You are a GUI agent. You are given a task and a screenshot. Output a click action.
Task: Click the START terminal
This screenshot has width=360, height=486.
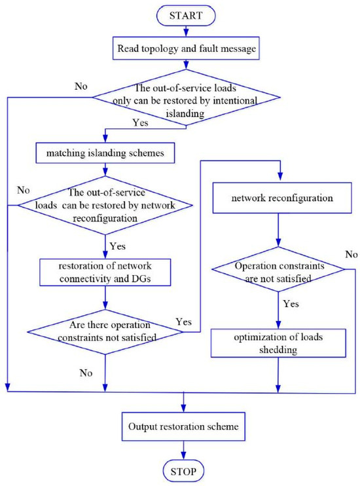(186, 16)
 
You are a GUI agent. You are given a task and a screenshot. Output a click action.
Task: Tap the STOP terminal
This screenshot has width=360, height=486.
(183, 472)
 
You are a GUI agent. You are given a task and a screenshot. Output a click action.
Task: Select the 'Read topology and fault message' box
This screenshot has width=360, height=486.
(186, 48)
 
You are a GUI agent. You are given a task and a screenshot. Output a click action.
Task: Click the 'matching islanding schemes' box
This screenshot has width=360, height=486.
(105, 153)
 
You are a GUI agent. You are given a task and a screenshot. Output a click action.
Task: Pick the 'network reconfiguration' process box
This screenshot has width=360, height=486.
(282, 198)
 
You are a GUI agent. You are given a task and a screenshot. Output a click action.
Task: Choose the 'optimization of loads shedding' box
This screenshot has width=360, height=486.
(278, 343)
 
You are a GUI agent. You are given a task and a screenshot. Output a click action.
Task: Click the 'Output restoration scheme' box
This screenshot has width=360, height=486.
(183, 426)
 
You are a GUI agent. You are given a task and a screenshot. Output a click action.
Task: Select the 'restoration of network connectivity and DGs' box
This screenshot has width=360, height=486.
(105, 272)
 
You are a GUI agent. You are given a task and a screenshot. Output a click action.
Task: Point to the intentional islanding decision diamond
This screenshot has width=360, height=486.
(187, 98)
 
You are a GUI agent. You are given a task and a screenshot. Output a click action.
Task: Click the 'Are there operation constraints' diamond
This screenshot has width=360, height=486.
(105, 332)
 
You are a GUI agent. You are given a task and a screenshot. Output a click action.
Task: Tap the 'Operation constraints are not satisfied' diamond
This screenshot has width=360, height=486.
(278, 269)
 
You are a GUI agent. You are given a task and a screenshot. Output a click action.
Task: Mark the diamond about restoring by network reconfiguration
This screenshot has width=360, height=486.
(105, 205)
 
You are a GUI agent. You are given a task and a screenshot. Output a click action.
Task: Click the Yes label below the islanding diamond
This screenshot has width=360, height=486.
(140, 122)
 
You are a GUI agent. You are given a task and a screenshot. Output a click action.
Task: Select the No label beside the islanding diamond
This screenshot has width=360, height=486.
(81, 86)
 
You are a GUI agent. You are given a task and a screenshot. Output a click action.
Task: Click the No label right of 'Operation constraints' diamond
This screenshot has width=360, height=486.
(351, 255)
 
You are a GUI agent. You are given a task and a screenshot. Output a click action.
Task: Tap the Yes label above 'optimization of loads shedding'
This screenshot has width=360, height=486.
(291, 304)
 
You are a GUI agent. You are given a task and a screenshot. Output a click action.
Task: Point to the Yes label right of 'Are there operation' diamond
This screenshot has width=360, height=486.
(184, 322)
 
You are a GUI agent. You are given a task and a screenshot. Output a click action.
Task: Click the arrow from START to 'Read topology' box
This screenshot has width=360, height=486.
(186, 31)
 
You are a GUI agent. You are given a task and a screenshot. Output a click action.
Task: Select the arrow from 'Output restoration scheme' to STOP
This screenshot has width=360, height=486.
(183, 451)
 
